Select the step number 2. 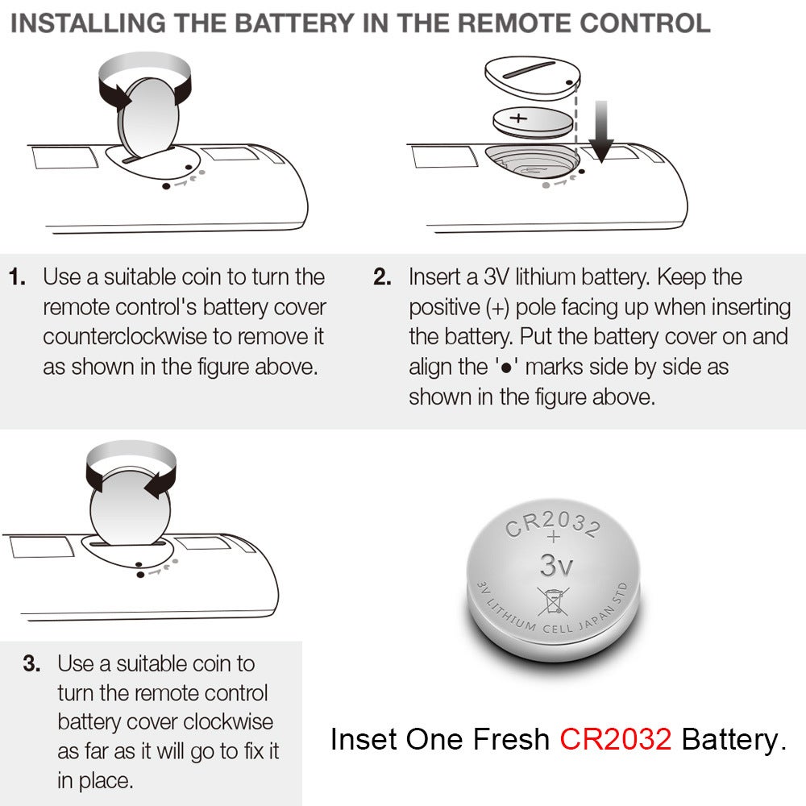382,278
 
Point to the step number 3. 31,665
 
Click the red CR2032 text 616,739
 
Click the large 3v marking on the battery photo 557,565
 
